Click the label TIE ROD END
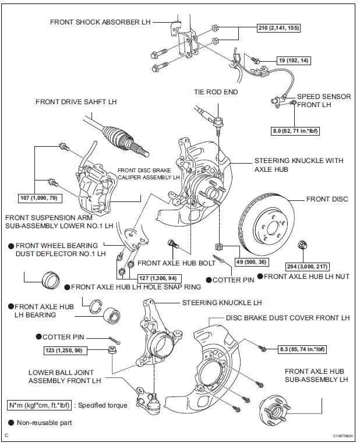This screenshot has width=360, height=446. (x=216, y=92)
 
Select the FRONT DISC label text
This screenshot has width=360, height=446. (x=327, y=199)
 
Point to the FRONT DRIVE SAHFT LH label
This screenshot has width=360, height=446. (x=76, y=101)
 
